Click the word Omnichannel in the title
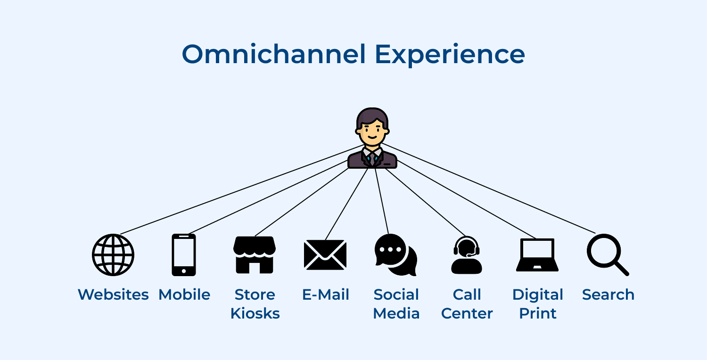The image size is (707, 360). coord(273,54)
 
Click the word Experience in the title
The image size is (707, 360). coord(450,55)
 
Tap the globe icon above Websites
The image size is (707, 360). coord(113,255)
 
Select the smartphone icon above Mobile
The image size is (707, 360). coord(184,255)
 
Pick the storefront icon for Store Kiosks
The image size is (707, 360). coord(255,255)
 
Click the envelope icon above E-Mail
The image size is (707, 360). coord(325,255)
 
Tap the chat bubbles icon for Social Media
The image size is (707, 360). coord(396,255)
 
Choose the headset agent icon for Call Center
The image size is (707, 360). coord(467,255)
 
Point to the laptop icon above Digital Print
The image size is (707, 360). coord(537,255)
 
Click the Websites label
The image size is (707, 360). coord(113,295)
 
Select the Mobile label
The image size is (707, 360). coord(184,295)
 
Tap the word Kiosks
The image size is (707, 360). coord(255,313)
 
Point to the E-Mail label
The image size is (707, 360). coord(326,295)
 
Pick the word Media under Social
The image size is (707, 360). coord(396,313)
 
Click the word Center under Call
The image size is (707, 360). coord(467,313)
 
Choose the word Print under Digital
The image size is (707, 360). coord(538,313)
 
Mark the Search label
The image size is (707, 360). coord(608,295)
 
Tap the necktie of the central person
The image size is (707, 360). coord(372,158)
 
